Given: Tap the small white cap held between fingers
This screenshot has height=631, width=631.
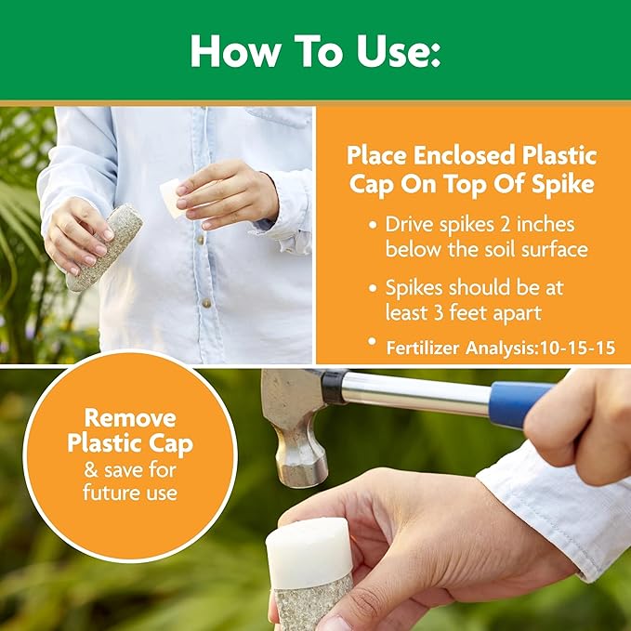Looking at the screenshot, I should tap(171, 196).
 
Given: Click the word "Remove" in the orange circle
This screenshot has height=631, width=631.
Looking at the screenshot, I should tap(130, 417).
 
